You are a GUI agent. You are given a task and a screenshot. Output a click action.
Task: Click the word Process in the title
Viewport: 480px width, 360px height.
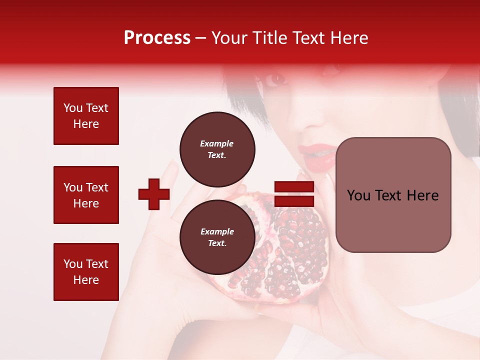coord(157,38)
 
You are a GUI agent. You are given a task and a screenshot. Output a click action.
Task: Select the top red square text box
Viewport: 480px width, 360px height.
coord(86,116)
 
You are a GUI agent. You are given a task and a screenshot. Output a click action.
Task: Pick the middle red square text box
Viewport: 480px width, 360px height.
coord(86,195)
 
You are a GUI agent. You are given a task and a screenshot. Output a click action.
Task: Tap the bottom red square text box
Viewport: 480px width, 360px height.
coord(86,272)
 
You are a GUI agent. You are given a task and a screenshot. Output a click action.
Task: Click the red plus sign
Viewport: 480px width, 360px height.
coord(154,194)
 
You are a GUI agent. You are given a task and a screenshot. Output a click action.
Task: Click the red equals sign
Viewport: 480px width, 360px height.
coord(294,194)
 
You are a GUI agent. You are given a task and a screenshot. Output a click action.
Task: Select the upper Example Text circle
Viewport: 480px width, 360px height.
coord(217,149)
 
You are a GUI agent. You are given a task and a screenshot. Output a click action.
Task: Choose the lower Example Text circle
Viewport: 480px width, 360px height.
coord(217,237)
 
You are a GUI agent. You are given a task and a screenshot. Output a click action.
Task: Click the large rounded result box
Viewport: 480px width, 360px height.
coord(393,195)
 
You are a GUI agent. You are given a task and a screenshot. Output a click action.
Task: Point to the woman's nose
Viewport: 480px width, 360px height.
coord(312,117)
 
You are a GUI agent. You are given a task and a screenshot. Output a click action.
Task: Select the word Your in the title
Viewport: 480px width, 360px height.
coord(227,38)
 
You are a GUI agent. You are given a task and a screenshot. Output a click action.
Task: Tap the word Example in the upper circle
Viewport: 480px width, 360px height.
coord(216,143)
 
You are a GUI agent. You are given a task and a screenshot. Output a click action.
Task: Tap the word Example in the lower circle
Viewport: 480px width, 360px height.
coord(217,231)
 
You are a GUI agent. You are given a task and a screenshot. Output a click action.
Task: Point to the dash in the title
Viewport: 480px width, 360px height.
coord(200,38)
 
